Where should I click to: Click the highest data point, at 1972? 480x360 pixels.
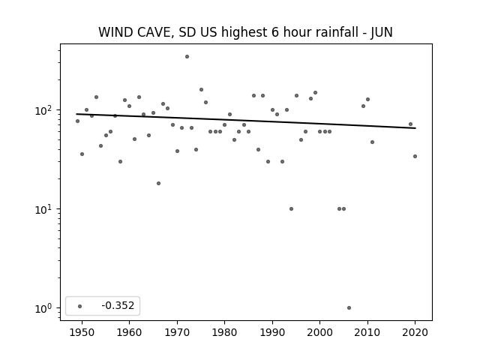(187, 57)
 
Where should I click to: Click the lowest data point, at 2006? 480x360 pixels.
(349, 308)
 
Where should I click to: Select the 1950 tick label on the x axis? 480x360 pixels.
(82, 332)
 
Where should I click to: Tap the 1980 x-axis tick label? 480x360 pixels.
(224, 332)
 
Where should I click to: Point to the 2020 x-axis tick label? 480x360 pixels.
(415, 332)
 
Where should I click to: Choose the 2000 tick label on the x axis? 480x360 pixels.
(320, 332)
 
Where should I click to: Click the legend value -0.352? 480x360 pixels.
(118, 305)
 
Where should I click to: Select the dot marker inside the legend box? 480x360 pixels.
(80, 306)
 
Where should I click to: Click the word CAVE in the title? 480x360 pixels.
(153, 32)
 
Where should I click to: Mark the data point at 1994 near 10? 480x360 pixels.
(291, 209)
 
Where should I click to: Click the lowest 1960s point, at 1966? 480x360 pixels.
(158, 183)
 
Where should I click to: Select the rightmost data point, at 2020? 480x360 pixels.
(415, 157)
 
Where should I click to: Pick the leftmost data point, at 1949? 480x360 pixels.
(77, 121)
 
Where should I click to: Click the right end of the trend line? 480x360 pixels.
(415, 128)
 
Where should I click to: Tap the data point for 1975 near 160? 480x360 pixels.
(201, 90)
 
